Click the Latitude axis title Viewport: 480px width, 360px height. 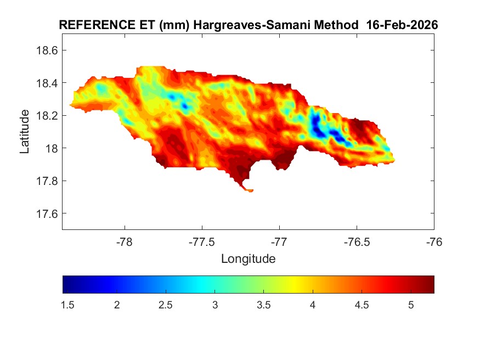[x=25, y=132]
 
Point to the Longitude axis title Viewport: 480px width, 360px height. [x=248, y=258]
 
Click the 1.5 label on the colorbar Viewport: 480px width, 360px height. [x=68, y=305]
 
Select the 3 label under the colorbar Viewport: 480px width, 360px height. [x=215, y=305]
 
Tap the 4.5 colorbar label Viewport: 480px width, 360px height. [x=362, y=305]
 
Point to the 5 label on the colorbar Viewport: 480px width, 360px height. [x=410, y=305]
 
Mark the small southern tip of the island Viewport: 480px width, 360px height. [x=250, y=190]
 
